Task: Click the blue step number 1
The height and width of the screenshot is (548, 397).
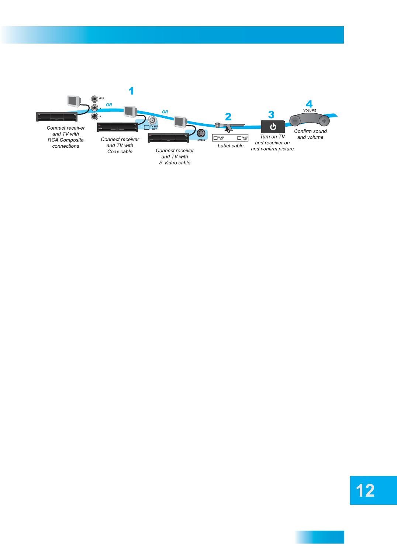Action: (131, 91)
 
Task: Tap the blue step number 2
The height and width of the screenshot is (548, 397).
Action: (228, 117)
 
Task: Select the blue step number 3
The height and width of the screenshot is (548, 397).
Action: (271, 114)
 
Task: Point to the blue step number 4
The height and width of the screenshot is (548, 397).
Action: (309, 104)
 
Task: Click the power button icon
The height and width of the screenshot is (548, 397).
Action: (273, 127)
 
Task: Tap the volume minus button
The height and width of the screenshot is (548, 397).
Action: (295, 121)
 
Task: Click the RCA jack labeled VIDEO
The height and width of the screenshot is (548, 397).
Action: (95, 99)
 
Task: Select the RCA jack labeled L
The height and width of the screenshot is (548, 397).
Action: (95, 108)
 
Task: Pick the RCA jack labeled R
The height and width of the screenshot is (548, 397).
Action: (95, 116)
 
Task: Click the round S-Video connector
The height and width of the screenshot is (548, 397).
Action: (201, 133)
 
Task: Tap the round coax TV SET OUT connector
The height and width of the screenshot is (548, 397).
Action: (152, 120)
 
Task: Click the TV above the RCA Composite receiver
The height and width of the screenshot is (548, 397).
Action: (74, 101)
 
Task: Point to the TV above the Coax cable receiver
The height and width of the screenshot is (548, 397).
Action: (130, 111)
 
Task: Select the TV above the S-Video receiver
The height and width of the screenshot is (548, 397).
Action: (180, 121)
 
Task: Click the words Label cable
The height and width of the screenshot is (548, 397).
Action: (231, 146)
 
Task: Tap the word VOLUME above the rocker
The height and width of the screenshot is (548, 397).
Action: (310, 110)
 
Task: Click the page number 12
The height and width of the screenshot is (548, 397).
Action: (365, 491)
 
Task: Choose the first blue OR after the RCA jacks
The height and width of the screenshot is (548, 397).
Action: (109, 105)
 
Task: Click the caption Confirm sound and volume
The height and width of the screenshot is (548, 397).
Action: (310, 134)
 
